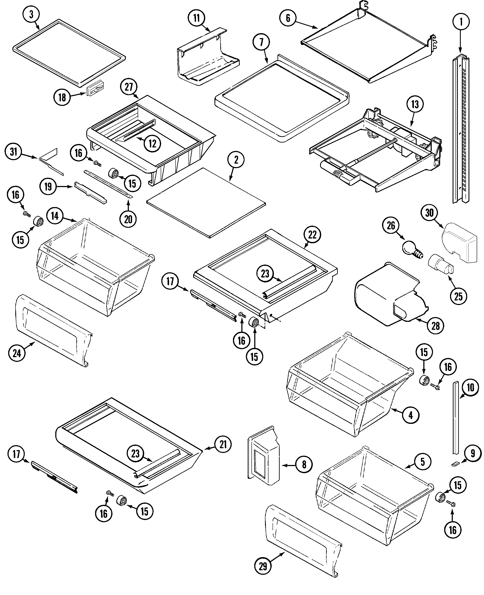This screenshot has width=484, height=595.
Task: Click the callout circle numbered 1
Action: [x=461, y=22]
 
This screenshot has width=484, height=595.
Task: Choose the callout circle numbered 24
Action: [x=17, y=353]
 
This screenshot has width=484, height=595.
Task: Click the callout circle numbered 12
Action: [x=153, y=143]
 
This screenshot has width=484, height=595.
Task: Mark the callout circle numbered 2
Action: [x=236, y=160]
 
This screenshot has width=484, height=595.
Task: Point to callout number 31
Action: [x=13, y=152]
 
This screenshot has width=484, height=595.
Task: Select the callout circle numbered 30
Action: [x=429, y=213]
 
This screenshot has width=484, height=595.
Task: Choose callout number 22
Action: [x=312, y=235]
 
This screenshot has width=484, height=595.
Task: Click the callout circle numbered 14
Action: [x=55, y=216]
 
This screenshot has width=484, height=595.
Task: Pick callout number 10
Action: [x=470, y=387]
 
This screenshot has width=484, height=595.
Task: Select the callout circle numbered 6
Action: [x=288, y=18]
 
